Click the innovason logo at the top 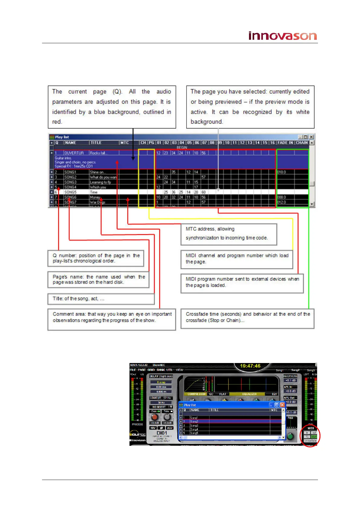click(x=282, y=36)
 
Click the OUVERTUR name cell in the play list click(x=74, y=153)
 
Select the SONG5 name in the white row click(x=70, y=192)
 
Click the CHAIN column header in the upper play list click(x=302, y=143)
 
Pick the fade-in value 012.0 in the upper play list click(x=281, y=202)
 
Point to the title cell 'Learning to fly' click(x=100, y=182)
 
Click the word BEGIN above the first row click(x=182, y=148)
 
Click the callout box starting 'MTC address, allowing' click(x=229, y=234)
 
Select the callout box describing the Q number click(x=96, y=258)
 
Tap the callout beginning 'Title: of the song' click(x=101, y=299)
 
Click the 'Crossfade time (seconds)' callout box click(x=247, y=318)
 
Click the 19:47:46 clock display click(x=250, y=366)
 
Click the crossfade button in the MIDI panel click(x=310, y=441)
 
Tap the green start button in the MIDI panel click(x=314, y=437)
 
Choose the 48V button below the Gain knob click(x=153, y=428)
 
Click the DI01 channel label click(x=162, y=433)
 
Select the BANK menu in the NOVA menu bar click(x=161, y=370)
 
